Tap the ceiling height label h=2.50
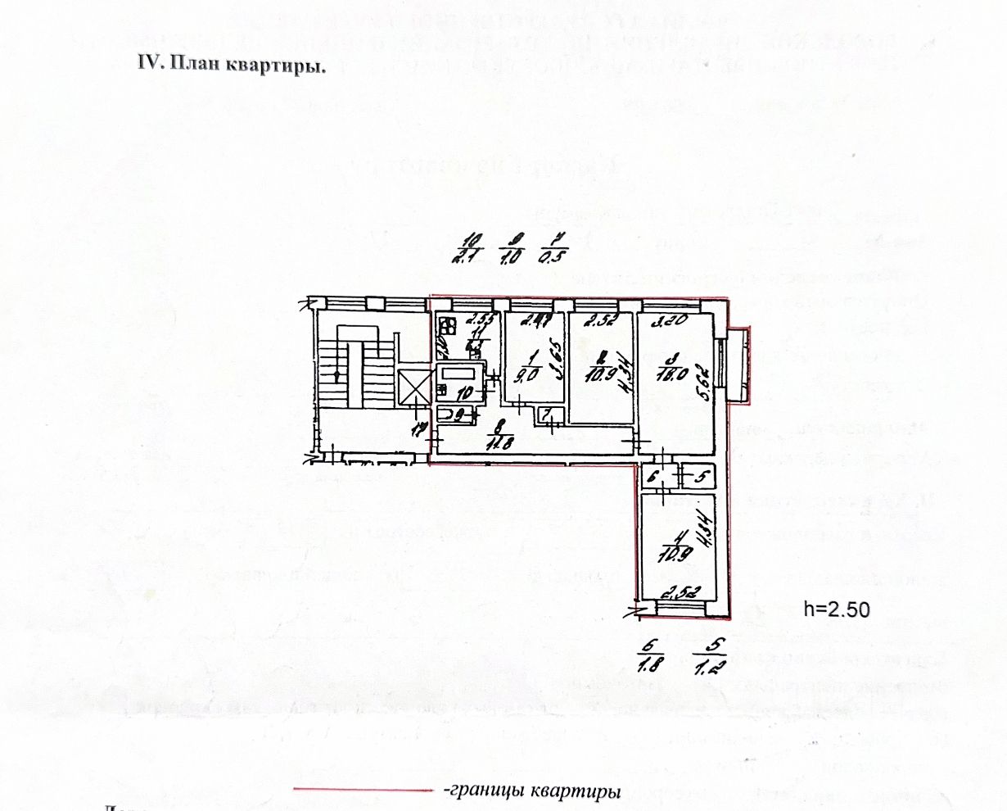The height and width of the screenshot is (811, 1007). (x=836, y=609)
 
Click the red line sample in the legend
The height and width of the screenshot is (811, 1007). (x=363, y=791)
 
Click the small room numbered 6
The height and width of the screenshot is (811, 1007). (x=654, y=475)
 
